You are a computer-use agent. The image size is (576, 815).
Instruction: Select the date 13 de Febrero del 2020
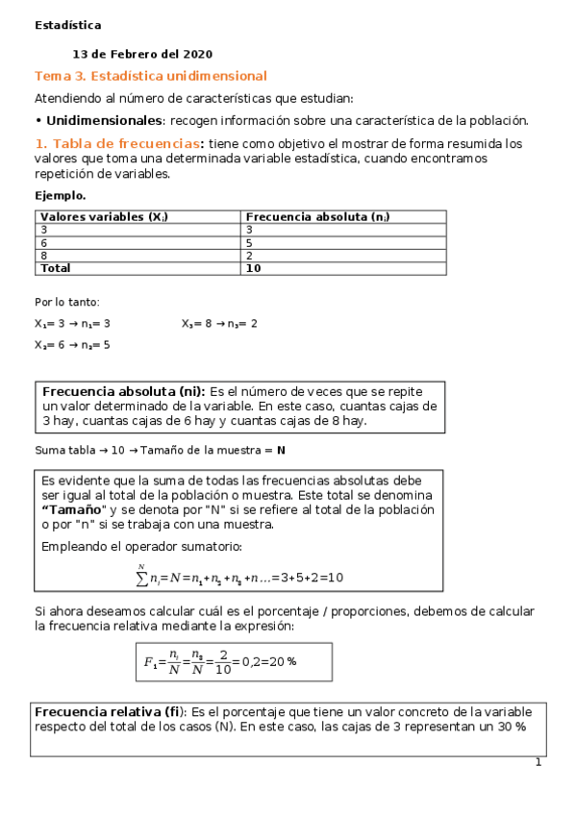pyautogui.click(x=142, y=55)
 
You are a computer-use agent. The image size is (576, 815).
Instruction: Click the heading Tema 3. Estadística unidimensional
pyautogui.click(x=150, y=76)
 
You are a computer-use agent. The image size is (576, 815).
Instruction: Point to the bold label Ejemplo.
pyautogui.click(x=60, y=195)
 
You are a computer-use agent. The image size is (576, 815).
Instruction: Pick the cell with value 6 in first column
pyautogui.click(x=44, y=243)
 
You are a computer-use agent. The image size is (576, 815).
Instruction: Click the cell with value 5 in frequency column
pyautogui.click(x=250, y=243)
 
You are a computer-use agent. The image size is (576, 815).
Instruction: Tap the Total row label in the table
pyautogui.click(x=56, y=269)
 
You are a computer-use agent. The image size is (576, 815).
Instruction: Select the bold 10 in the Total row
pyautogui.click(x=254, y=269)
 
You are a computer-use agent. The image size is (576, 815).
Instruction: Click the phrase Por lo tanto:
pyautogui.click(x=66, y=302)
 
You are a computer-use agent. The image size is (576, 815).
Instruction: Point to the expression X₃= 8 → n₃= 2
pyautogui.click(x=219, y=324)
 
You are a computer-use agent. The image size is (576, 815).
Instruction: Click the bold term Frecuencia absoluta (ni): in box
pyautogui.click(x=123, y=392)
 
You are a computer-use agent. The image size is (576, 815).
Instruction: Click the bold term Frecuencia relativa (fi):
pyautogui.click(x=111, y=712)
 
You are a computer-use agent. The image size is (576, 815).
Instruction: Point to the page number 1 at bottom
pyautogui.click(x=538, y=763)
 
